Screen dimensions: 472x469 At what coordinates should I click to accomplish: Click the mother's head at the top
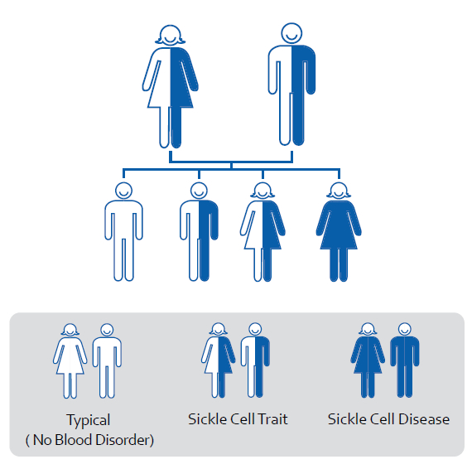170,36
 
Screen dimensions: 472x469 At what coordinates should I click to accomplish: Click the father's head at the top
291,33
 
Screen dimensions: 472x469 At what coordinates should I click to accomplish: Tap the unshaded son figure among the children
123,232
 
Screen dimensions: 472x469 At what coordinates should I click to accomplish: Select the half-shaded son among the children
199,232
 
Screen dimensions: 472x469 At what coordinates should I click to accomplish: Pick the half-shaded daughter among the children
262,232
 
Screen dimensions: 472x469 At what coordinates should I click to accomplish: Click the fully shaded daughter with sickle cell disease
339,232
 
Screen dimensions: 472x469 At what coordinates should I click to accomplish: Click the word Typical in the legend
89,420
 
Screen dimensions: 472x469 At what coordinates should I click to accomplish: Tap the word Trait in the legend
272,419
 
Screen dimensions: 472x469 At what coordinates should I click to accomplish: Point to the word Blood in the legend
73,440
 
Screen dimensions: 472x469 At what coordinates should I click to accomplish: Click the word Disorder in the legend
123,440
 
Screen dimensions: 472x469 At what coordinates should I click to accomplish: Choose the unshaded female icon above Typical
70,360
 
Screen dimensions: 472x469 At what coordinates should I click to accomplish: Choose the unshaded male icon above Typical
107,360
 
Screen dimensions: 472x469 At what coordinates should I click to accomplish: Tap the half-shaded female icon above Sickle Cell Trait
219,360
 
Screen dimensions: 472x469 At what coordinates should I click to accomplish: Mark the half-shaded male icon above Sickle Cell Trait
255,360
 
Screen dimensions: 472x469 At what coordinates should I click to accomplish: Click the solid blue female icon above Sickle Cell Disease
368,360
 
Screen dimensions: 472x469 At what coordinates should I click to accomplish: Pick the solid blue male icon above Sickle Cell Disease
405,360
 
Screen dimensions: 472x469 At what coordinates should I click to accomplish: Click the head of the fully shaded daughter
339,191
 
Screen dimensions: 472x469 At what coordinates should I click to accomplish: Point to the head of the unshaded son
123,191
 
